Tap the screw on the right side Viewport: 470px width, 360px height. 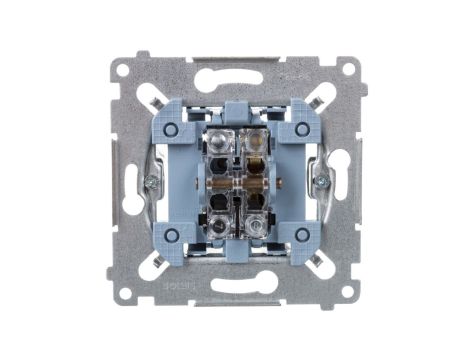click(x=323, y=181)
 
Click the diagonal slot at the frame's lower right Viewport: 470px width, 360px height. click(x=317, y=263)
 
